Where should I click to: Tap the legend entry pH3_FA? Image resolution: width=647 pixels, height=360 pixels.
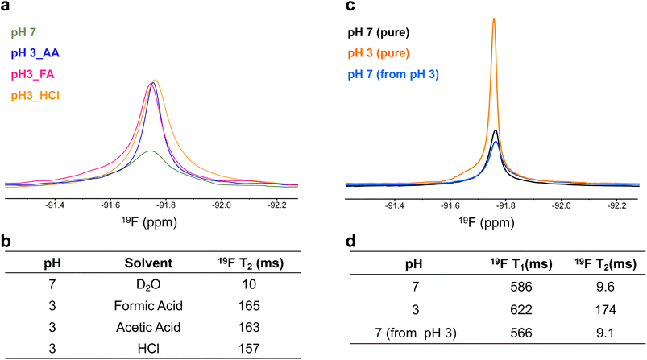click(x=31, y=75)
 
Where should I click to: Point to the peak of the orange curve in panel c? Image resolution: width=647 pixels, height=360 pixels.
click(x=493, y=19)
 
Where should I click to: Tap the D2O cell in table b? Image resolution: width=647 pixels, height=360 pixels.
click(x=146, y=286)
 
